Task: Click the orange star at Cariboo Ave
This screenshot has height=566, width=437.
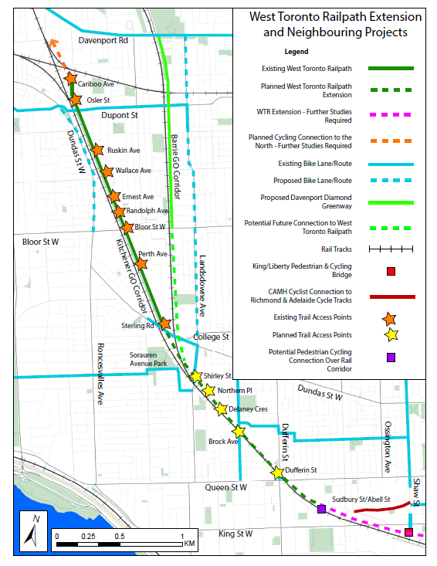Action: (x=71, y=78)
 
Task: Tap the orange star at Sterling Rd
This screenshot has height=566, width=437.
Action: (x=164, y=324)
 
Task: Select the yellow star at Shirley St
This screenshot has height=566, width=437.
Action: (x=197, y=376)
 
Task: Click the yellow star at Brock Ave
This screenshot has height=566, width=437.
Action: (x=239, y=432)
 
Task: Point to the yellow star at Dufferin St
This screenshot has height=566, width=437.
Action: (x=278, y=473)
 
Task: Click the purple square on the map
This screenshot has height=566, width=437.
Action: (x=321, y=509)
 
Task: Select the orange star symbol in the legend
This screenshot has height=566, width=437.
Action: (x=391, y=317)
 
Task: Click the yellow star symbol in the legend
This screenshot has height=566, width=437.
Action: (x=391, y=335)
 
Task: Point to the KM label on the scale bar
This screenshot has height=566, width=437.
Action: (x=190, y=544)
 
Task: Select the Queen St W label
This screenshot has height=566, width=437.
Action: (x=225, y=488)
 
